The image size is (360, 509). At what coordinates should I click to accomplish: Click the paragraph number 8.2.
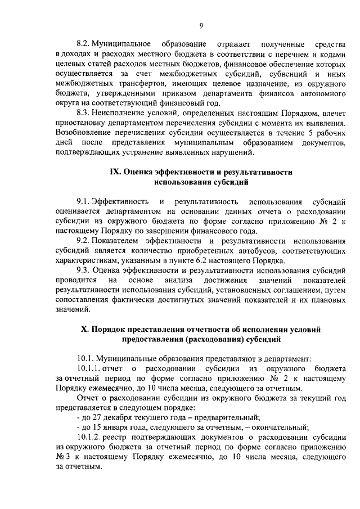click(83, 44)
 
